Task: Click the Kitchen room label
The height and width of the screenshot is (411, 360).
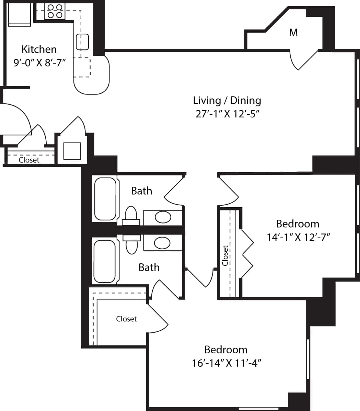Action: click(x=39, y=49)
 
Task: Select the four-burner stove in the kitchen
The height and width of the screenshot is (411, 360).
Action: click(x=55, y=11)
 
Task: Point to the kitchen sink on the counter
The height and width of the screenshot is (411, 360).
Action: click(x=82, y=42)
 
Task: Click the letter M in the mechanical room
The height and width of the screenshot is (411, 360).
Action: click(x=293, y=33)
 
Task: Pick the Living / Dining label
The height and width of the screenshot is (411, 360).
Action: click(x=227, y=101)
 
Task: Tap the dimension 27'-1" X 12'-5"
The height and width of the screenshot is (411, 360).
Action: click(x=227, y=114)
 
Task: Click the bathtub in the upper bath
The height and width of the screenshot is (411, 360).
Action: click(x=105, y=199)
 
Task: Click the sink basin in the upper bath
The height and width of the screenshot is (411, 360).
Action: click(x=163, y=217)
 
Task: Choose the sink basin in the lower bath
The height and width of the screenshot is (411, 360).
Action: click(x=162, y=243)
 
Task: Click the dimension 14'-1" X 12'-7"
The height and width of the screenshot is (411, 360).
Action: click(x=298, y=237)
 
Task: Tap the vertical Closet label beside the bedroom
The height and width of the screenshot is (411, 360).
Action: click(x=225, y=256)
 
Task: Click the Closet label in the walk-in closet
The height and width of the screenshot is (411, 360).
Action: click(x=126, y=319)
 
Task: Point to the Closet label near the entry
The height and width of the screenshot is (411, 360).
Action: click(x=29, y=160)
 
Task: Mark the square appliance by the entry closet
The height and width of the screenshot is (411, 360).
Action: click(x=72, y=151)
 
